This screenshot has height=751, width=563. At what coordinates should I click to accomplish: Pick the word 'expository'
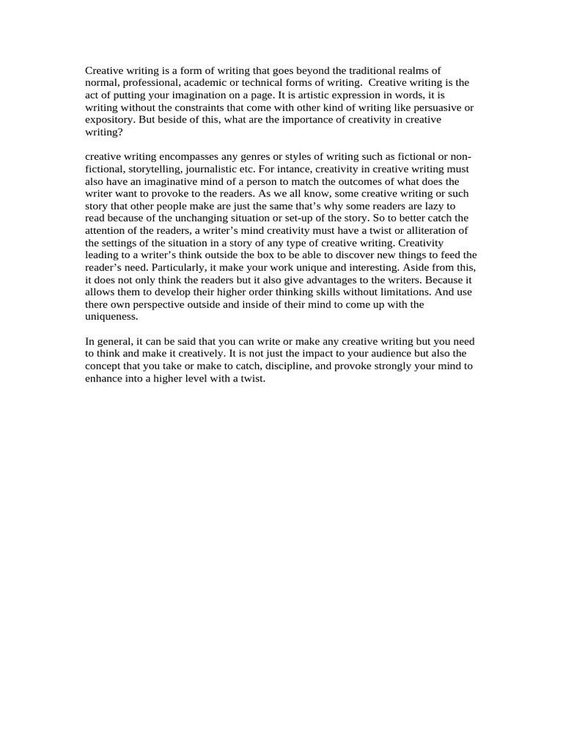(108, 119)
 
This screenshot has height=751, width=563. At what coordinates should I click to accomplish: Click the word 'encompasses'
(191, 157)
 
